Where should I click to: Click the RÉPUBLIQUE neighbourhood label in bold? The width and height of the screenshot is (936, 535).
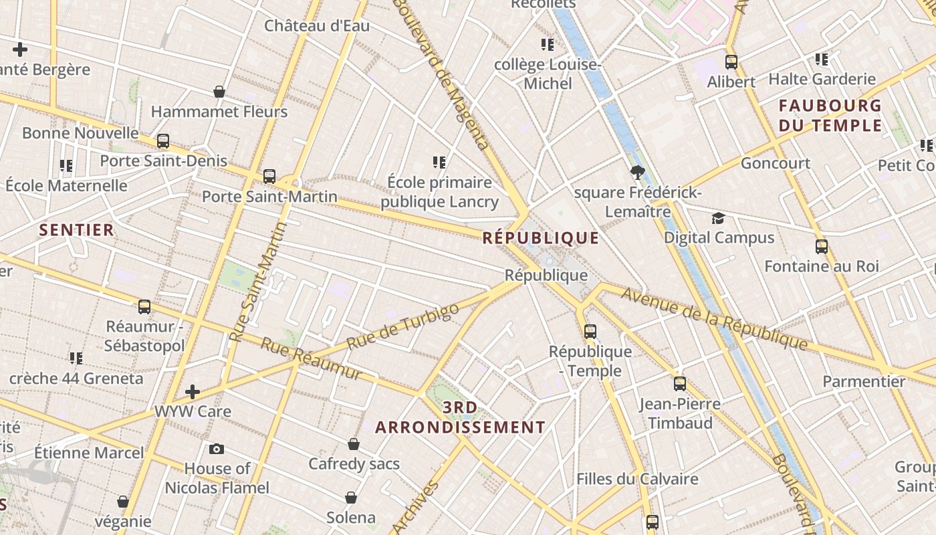pos(540,237)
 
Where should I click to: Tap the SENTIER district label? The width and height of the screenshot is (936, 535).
pos(76,230)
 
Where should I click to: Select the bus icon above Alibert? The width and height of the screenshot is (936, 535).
pos(731,62)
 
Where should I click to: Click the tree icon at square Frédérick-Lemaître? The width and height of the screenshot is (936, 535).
pos(637,173)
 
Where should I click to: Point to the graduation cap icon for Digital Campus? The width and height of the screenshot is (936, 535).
pos(718,218)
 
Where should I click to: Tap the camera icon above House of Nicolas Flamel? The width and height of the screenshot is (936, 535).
pos(217,449)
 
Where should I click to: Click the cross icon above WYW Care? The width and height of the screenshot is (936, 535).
pos(193,391)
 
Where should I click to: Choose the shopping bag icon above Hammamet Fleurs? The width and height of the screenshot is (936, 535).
pos(219,92)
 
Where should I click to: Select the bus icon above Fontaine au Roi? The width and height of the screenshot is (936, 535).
pos(821,246)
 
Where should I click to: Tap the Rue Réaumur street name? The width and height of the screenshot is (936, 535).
pos(311,358)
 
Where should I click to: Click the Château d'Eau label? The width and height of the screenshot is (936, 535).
pos(317,26)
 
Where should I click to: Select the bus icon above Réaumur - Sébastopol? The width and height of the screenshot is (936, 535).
pos(144,307)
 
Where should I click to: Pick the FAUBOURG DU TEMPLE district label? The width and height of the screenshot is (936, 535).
pos(830,115)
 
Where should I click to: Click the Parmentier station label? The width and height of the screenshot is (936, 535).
pos(864,382)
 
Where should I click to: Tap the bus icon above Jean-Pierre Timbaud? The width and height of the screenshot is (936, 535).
pos(680,384)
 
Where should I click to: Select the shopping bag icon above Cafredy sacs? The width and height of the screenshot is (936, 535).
pos(354,444)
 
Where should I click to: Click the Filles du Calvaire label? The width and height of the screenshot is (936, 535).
pos(637,479)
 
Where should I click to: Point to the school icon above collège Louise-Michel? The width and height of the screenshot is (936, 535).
pos(548,45)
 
